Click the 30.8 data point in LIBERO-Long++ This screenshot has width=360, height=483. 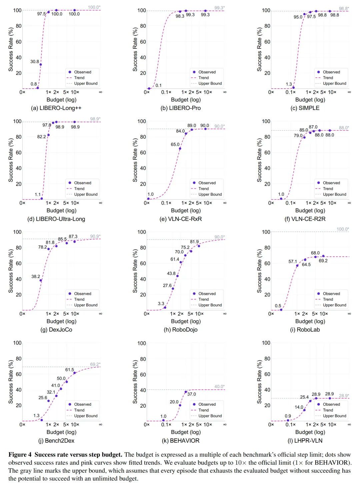click(41, 64)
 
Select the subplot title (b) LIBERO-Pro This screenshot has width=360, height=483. click(180, 108)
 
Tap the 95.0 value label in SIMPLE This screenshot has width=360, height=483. click(298, 17)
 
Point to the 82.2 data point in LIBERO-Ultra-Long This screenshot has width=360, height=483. click(48, 135)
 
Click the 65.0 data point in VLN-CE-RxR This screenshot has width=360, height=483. click(180, 149)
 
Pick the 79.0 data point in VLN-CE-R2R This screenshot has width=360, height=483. click(304, 138)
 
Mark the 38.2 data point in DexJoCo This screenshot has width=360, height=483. click(41, 280)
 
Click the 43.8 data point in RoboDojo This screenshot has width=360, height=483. click(177, 276)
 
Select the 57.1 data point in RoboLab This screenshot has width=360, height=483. click(297, 266)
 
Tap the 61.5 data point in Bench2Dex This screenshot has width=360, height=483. click(75, 373)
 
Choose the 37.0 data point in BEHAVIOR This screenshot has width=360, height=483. click(186, 392)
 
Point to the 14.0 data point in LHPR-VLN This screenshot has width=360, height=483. click(304, 410)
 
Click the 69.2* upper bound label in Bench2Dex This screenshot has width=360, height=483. click(95, 364)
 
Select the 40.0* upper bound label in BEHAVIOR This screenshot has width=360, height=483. click(219, 386)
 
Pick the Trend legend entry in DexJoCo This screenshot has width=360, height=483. click(75, 299)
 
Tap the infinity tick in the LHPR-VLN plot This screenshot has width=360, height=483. click(349, 424)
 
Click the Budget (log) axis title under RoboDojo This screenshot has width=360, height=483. click(186, 321)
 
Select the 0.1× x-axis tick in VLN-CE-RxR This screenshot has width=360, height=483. click(166, 203)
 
